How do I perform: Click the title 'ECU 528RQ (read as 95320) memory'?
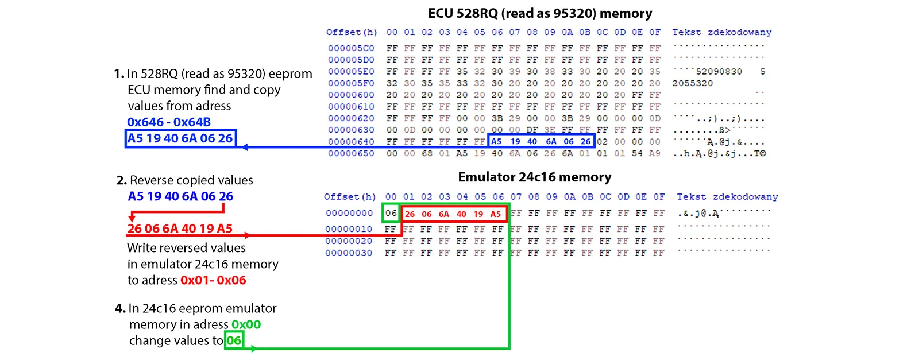coord(540,13)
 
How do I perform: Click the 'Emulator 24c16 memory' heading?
coord(534,177)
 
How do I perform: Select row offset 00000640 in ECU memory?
coord(351,142)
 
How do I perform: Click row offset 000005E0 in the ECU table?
coord(351,72)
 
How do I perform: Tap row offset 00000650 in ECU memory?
coord(351,153)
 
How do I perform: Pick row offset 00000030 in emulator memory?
coord(349,253)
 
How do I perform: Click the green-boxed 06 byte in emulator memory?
coord(391,214)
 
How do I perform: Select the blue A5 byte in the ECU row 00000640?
coord(496,141)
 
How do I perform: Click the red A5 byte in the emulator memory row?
coord(496,214)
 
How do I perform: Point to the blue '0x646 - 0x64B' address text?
coord(169,122)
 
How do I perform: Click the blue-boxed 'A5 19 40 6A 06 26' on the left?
coord(180,138)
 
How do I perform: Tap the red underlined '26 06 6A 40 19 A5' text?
coord(180,229)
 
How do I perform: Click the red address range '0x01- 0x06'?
coord(213,280)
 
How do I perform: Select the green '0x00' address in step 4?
coord(246,324)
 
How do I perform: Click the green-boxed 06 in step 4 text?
coord(234,340)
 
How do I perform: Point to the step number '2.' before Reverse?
coord(121,180)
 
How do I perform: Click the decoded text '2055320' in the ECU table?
coord(692,83)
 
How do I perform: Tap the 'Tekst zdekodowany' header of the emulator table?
coord(727,197)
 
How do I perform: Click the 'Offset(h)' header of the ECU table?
coord(352,32)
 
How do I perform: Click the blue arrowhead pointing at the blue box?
coord(245,148)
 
